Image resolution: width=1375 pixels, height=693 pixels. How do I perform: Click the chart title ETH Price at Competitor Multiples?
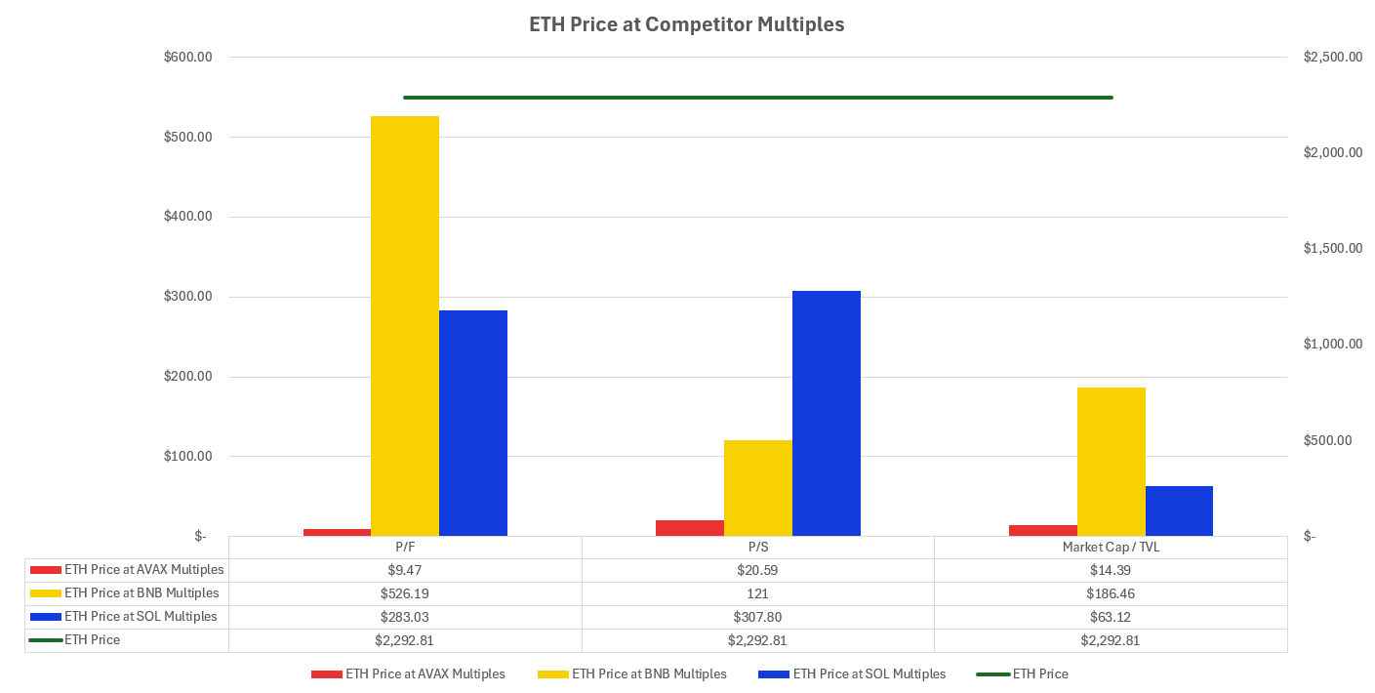click(686, 25)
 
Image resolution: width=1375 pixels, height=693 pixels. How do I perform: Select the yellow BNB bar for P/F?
click(404, 326)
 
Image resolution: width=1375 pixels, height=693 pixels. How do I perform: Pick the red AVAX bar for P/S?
click(690, 528)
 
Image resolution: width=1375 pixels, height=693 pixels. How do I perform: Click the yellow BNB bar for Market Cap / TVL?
click(1111, 462)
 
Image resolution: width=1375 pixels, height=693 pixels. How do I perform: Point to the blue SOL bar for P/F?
click(472, 423)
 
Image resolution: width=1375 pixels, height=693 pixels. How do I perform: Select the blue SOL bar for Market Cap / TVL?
click(1179, 510)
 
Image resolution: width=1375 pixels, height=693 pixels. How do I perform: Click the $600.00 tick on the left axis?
click(188, 58)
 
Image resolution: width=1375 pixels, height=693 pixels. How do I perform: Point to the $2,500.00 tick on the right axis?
click(1332, 58)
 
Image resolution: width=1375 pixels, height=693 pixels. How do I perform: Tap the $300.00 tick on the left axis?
click(188, 297)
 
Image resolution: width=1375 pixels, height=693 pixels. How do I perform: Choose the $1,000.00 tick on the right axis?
click(1332, 345)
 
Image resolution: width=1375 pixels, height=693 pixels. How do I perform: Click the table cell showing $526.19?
click(405, 593)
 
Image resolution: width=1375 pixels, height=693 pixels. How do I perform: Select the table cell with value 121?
click(757, 593)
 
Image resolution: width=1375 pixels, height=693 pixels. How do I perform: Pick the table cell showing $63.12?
click(1111, 617)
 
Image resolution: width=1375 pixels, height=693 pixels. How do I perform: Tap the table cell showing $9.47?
click(405, 570)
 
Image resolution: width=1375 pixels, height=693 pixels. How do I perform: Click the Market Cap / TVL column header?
click(1111, 548)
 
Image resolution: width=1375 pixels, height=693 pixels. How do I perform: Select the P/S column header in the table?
click(757, 548)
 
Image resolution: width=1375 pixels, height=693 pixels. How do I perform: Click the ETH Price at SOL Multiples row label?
click(141, 617)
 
